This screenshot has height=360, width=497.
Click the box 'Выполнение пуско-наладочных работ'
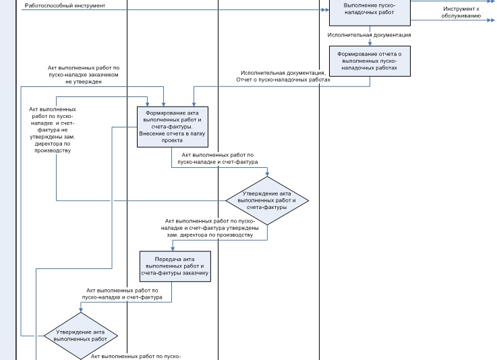point(370,12)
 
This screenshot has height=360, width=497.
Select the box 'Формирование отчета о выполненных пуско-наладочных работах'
point(370,61)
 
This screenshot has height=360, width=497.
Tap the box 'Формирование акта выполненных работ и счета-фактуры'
point(173,127)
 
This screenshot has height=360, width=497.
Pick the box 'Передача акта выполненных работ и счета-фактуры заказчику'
point(175,266)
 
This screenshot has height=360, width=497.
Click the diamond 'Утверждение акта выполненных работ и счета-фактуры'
point(267,201)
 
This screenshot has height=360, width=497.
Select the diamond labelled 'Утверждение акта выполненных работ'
point(81,336)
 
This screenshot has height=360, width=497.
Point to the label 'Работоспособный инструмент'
point(65,5)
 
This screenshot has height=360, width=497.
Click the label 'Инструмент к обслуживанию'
point(461,12)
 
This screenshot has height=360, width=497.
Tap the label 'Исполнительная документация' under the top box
point(369,35)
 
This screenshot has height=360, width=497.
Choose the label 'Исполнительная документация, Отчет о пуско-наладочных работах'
point(283,76)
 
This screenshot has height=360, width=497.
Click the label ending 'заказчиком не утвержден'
point(84,75)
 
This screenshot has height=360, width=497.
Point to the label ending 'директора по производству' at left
point(53,130)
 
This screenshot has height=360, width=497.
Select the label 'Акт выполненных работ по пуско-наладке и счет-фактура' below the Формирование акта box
point(217,158)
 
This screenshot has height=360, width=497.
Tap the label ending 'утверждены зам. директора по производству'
point(210,228)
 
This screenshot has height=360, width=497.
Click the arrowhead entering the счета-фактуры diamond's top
point(267,174)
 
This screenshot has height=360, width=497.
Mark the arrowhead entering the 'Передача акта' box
point(173,249)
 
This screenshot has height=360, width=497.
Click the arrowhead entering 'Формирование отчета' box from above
point(370,43)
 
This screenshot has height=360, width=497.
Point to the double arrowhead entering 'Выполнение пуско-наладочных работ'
point(325,10)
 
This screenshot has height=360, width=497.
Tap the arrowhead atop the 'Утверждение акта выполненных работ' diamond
point(81,309)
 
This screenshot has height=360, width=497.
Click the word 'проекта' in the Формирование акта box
point(172,140)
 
